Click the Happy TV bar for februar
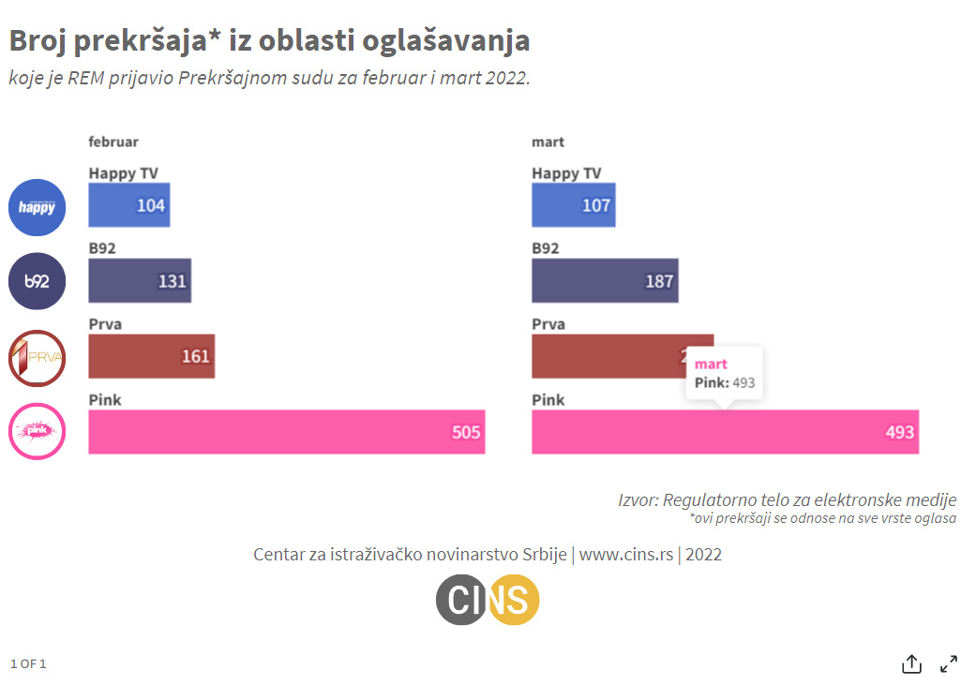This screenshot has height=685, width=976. coord(128,205)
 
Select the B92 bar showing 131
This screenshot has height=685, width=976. coord(140,280)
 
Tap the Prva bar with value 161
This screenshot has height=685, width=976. coord(151,356)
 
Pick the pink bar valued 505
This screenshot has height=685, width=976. coord(286,432)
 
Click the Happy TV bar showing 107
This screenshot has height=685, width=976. coord(573,205)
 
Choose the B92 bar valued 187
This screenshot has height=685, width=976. coord(604,280)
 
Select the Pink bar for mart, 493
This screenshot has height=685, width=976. coord(725,432)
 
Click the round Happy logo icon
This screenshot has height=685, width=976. coord(37,207)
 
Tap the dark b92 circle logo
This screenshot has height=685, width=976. coord(37,281)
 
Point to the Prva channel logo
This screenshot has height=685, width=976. coord(37,358)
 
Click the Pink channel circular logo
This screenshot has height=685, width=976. coord(37,431)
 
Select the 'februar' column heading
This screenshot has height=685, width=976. coord(113,141)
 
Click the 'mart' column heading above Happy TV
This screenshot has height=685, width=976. coord(548,141)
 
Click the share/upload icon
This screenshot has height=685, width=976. coord(911,664)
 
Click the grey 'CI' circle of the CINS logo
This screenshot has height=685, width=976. coord(462,600)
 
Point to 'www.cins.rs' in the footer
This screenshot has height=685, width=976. coord(626,555)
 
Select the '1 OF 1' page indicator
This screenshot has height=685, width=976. coord(28,664)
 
